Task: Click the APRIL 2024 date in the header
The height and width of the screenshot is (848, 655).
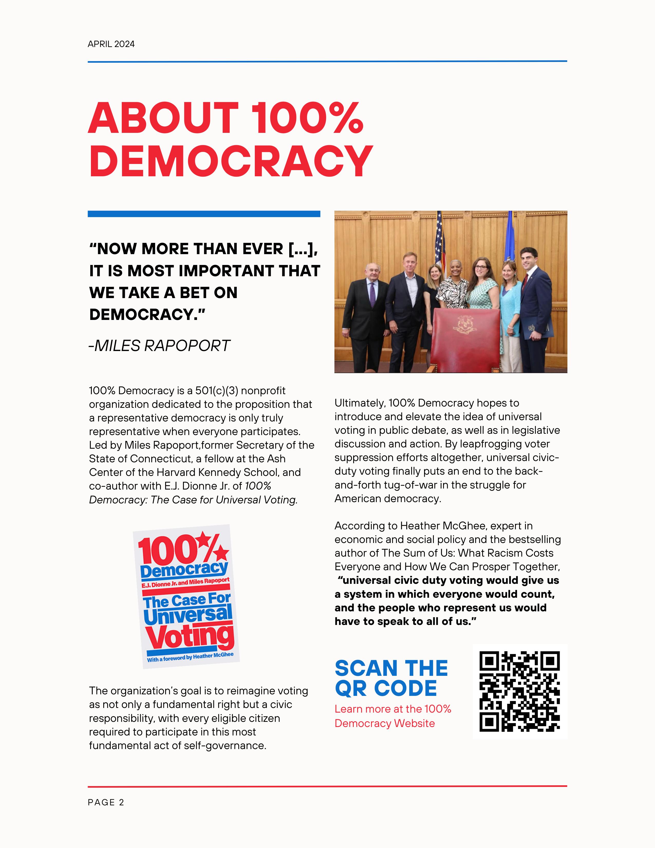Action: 111,44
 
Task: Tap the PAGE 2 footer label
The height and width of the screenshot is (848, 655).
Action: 106,802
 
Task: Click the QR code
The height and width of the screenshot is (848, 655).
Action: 520,692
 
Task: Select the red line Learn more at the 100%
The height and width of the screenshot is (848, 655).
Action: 393,709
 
